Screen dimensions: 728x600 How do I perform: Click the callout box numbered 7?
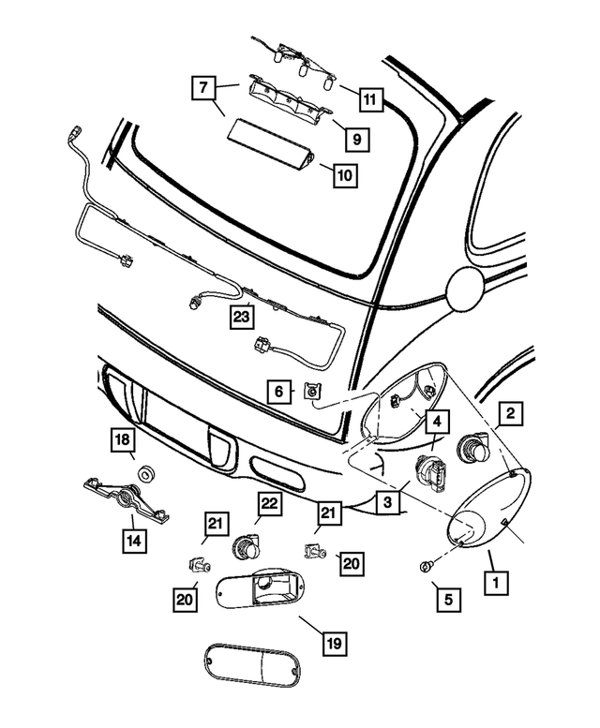point(202,89)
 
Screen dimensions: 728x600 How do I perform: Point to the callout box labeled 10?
point(345,174)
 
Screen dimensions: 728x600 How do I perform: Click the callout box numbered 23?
point(243,319)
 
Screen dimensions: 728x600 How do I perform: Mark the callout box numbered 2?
point(510,412)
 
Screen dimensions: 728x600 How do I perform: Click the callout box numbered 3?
point(386,503)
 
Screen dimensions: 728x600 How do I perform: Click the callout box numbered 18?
point(123,440)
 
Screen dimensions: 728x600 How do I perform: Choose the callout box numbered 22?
point(269,504)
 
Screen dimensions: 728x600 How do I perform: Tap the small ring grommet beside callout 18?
point(146,472)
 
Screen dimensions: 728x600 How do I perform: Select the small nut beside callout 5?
point(425,567)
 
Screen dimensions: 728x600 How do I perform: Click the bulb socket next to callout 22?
point(249,542)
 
